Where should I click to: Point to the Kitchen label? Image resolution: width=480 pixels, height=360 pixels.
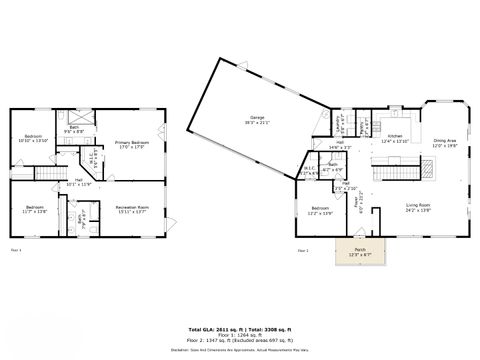click(395, 139)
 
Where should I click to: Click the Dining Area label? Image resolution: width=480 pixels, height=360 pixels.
click(443, 143)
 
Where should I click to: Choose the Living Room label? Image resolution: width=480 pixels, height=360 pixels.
click(417, 209)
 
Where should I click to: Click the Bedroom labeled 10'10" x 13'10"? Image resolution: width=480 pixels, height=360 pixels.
click(34, 139)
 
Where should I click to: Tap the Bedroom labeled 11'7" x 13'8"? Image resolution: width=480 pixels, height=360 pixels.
click(34, 209)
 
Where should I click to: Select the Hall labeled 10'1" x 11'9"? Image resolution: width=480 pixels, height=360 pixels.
click(78, 182)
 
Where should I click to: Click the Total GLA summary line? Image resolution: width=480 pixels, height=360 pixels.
click(240, 328)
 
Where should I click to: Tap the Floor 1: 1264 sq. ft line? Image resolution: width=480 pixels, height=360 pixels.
click(240, 334)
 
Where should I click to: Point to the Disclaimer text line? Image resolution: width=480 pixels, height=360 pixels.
click(240, 349)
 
